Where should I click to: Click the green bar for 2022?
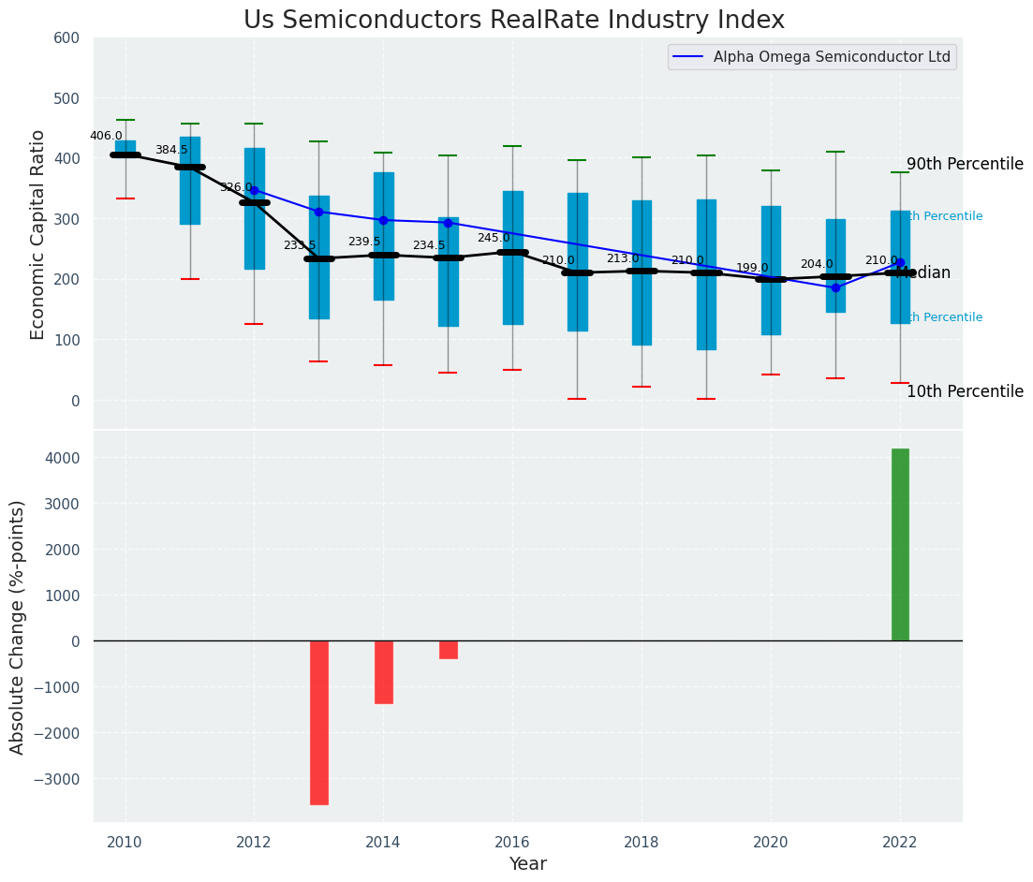pyautogui.click(x=900, y=545)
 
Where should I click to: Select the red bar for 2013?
pyautogui.click(x=319, y=722)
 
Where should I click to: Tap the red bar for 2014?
pyautogui.click(x=384, y=671)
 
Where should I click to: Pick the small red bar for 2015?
pyautogui.click(x=449, y=650)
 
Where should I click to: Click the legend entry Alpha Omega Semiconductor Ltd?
pyautogui.click(x=832, y=57)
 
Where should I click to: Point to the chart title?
pyautogui.click(x=514, y=21)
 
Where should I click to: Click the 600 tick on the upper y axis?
pyautogui.click(x=73, y=38)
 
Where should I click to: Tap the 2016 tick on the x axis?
pyautogui.click(x=512, y=843)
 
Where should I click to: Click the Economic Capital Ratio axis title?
pyautogui.click(x=38, y=234)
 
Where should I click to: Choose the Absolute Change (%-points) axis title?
pyautogui.click(x=18, y=626)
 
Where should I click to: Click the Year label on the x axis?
pyautogui.click(x=527, y=864)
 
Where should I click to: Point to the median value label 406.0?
pyautogui.click(x=106, y=136)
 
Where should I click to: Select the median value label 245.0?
pyautogui.click(x=494, y=238)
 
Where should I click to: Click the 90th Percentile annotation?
pyautogui.click(x=965, y=164)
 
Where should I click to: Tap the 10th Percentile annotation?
pyautogui.click(x=965, y=391)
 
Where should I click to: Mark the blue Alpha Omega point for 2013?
pyautogui.click(x=319, y=212)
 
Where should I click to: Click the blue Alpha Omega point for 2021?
pyautogui.click(x=835, y=287)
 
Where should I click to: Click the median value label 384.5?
pyautogui.click(x=171, y=150)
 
